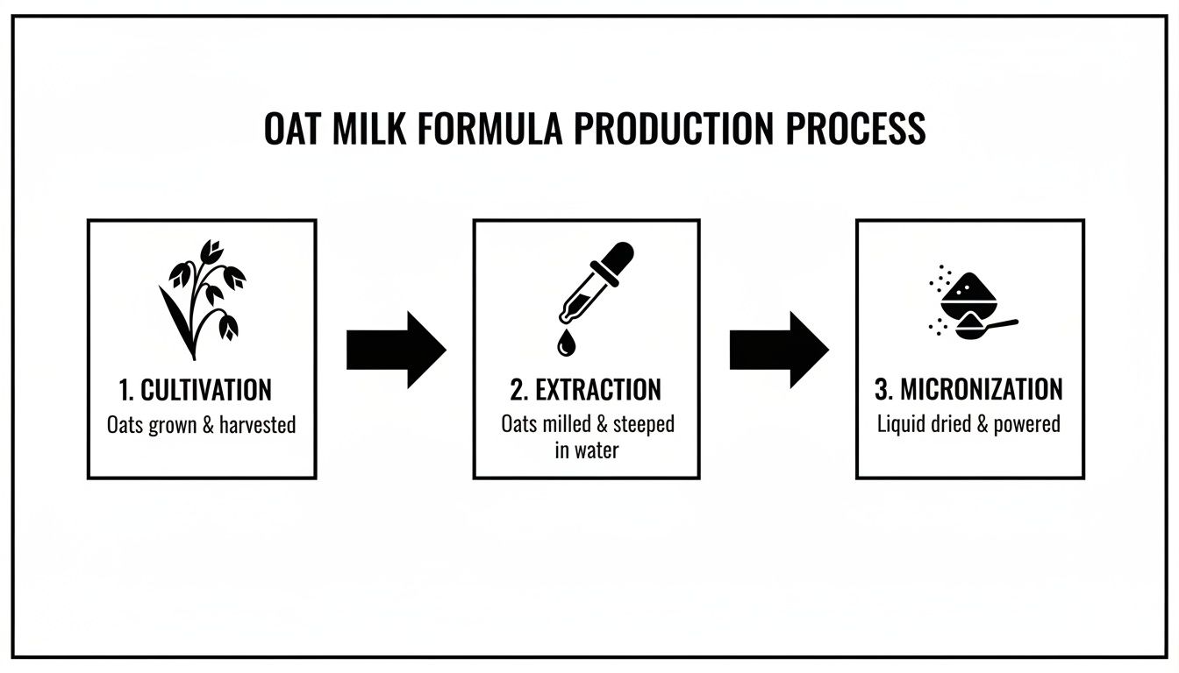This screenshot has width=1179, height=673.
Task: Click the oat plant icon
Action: pos(201,298)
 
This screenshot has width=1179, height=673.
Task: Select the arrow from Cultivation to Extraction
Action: pos(396,350)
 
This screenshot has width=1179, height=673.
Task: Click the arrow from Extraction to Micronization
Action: pos(778,350)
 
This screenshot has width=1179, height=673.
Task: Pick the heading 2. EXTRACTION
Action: pos(586,390)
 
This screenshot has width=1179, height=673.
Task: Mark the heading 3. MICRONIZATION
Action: pos(969,390)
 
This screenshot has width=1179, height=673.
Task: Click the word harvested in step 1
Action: pos(257,426)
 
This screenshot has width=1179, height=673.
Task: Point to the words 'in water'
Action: pos(586,450)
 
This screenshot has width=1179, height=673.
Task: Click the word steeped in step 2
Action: pos(643,424)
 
